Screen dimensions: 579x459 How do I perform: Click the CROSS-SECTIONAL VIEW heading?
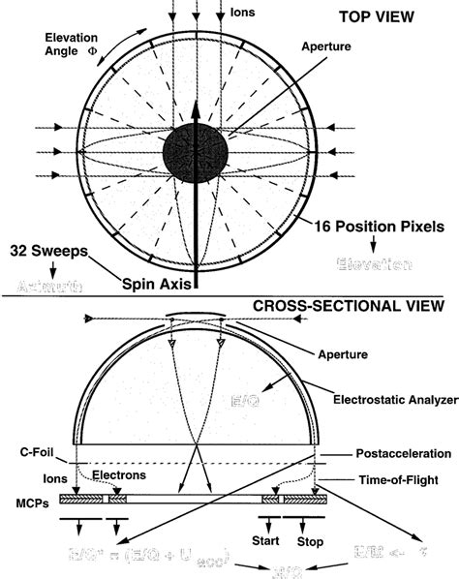pyautogui.click(x=348, y=306)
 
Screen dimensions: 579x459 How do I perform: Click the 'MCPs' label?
pyautogui.click(x=29, y=499)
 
